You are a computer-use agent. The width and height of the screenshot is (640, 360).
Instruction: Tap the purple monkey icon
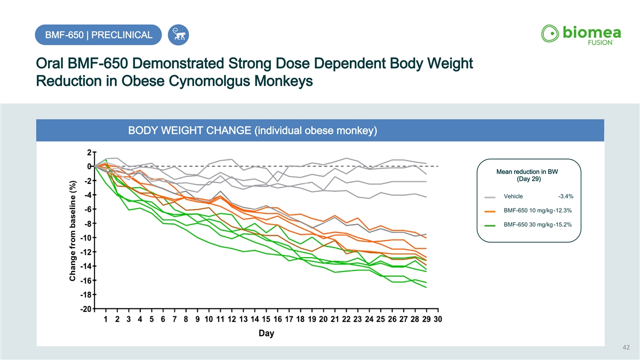(x=178, y=35)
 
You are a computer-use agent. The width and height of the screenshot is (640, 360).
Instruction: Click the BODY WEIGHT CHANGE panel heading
(x=252, y=131)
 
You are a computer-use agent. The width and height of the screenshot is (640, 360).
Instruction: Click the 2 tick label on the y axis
(x=89, y=152)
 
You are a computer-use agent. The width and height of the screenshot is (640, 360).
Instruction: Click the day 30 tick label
(x=438, y=319)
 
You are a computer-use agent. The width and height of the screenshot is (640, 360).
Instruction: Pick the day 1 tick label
(x=106, y=319)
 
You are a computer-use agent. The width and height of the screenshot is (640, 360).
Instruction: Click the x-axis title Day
(x=266, y=333)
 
